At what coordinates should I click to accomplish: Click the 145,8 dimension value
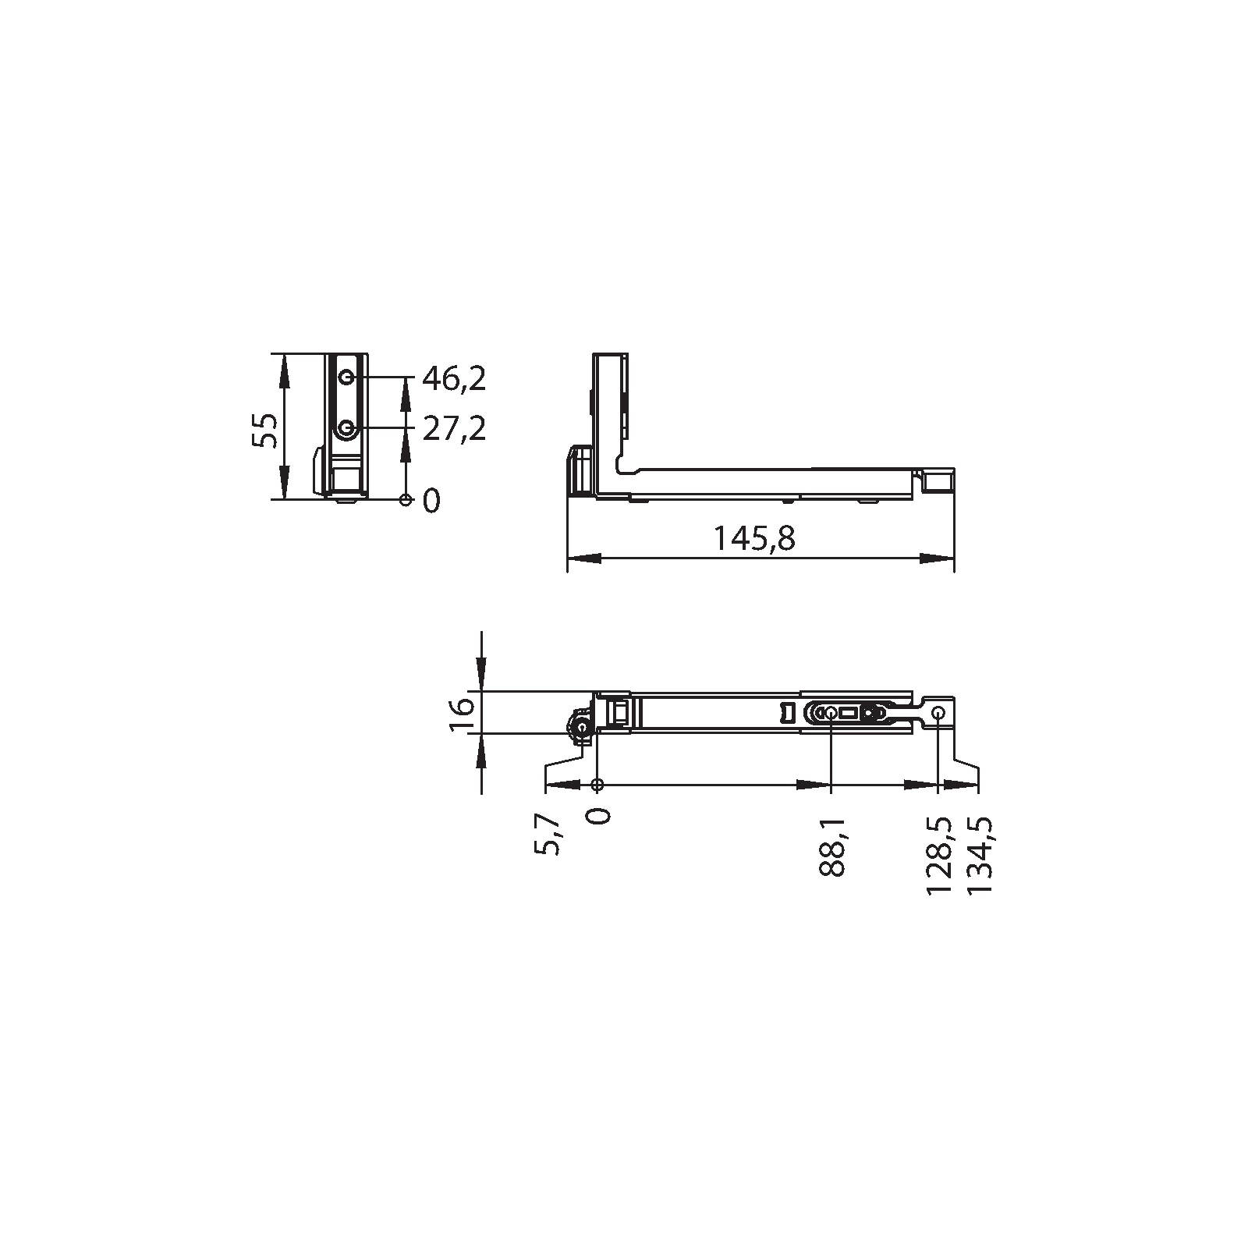[x=755, y=538]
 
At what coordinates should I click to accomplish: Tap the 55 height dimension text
[x=266, y=430]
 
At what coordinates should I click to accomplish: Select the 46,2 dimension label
[x=454, y=379]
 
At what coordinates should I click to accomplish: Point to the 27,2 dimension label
[x=454, y=428]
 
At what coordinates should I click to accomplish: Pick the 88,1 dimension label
[x=833, y=848]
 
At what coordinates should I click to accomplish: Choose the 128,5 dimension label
[x=938, y=856]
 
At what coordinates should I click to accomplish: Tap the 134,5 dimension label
[x=980, y=856]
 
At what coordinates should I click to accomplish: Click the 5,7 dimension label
[x=548, y=835]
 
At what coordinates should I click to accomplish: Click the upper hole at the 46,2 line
[x=346, y=378]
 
